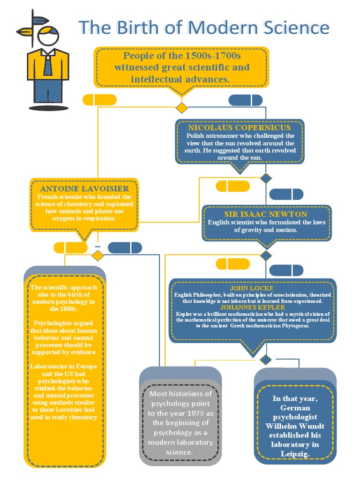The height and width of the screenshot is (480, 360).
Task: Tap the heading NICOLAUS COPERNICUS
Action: [x=240, y=127]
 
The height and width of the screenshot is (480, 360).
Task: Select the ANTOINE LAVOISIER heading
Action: [x=85, y=188]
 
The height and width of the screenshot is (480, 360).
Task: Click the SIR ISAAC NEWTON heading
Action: [x=266, y=214]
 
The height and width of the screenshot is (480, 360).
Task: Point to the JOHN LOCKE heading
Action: [x=252, y=288]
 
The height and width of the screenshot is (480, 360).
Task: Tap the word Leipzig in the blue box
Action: [x=295, y=453]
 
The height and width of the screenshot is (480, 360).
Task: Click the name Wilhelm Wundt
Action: [x=295, y=426]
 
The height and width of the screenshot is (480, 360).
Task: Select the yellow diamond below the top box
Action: [x=181, y=108]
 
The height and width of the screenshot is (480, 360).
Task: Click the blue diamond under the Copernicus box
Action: [x=266, y=178]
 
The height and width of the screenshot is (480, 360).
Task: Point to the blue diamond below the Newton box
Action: [x=266, y=255]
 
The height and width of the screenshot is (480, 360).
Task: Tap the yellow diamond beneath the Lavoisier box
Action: [x=97, y=255]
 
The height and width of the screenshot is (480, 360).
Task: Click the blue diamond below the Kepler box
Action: [x=266, y=360]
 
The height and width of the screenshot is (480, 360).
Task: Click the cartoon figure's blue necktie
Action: [x=48, y=66]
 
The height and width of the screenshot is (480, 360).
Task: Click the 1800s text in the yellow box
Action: [x=64, y=309]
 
